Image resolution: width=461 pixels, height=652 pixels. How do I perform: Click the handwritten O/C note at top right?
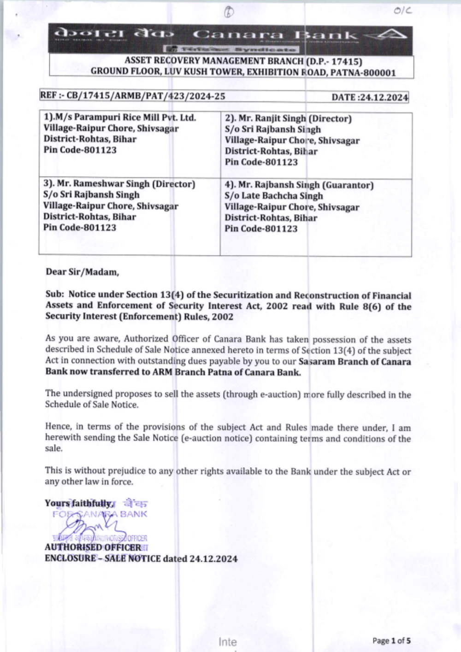pos(402,10)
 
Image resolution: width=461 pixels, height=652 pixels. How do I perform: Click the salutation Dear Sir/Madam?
pos(82,272)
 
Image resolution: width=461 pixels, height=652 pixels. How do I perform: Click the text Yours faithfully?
pos(78,503)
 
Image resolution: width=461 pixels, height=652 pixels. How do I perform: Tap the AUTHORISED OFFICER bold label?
pos(93,547)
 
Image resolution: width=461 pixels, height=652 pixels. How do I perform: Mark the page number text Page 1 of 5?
pos(391,640)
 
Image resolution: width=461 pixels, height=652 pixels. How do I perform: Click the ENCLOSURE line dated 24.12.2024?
pos(141,558)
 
